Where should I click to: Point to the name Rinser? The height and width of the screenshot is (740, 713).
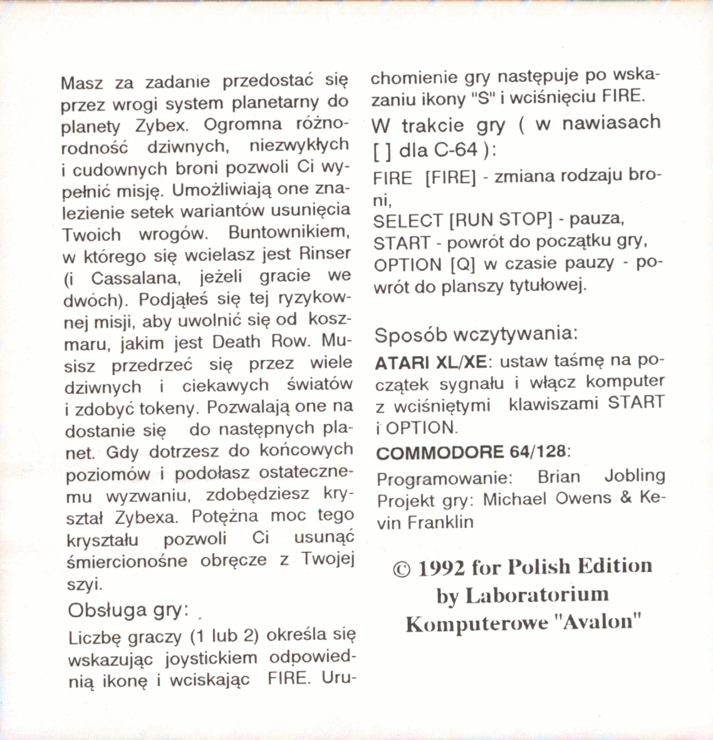325,254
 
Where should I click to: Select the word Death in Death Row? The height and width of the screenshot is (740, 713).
236,342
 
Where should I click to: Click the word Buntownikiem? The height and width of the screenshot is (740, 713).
288,232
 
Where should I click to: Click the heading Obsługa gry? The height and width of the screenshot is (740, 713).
128,610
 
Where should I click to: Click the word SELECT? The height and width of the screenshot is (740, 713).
408,221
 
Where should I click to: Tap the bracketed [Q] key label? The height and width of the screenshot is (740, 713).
463,265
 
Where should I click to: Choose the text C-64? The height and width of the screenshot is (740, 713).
457,151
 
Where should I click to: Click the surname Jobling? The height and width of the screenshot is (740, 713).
635,476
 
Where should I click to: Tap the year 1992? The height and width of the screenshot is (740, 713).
441,568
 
